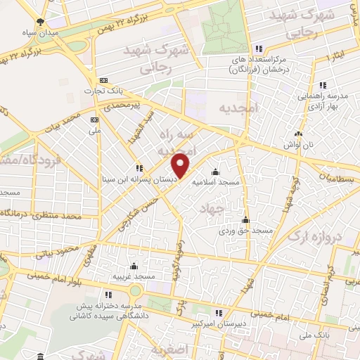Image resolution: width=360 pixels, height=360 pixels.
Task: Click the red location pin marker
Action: pos(181,165)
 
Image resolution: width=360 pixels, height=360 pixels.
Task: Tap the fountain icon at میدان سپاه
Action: pos(41,22)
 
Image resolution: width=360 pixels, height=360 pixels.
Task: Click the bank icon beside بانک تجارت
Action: pos(104,80)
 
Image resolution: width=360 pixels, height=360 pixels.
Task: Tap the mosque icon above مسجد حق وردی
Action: pos(245,220)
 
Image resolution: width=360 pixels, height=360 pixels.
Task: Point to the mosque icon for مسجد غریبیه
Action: pos(134,266)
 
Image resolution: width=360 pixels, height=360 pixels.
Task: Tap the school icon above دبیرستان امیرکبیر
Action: pos(219,312)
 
